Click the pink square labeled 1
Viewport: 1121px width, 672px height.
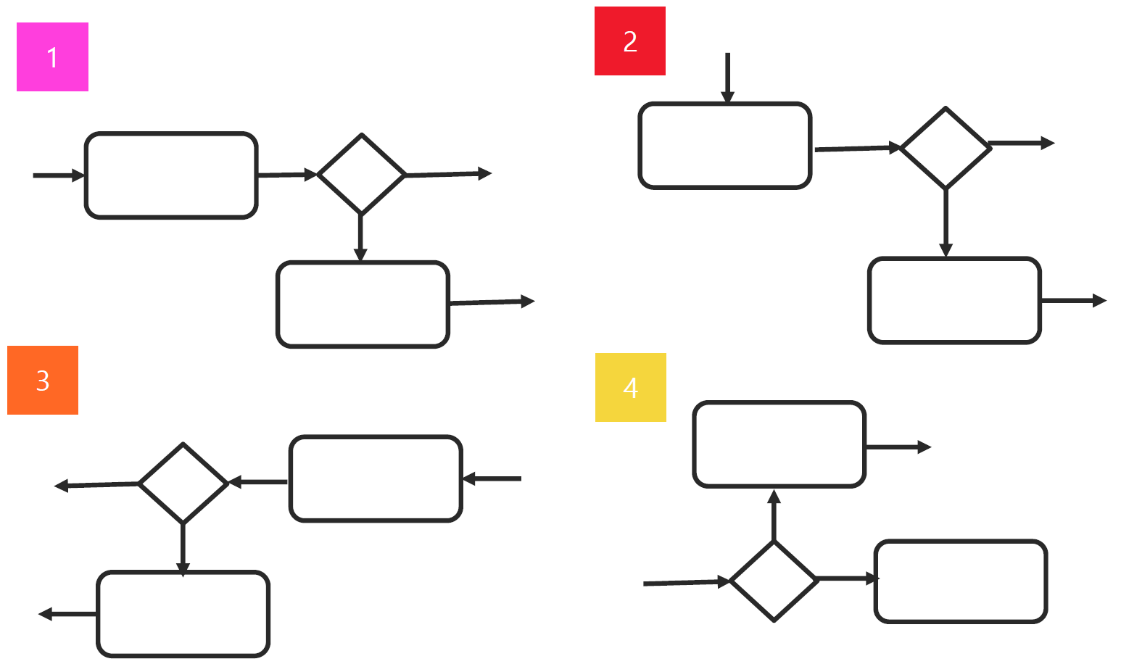click(52, 57)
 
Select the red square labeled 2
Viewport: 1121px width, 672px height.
click(629, 41)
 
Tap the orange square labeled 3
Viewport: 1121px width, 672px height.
click(42, 380)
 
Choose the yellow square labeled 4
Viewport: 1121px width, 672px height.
click(630, 387)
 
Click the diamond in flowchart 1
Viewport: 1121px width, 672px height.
click(361, 174)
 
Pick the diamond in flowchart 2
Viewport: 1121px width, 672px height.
click(945, 148)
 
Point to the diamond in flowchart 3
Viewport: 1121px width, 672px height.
click(183, 483)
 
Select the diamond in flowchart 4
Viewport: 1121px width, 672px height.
click(774, 580)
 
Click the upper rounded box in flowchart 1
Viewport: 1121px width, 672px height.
click(171, 175)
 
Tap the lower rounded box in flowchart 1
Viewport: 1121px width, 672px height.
click(363, 304)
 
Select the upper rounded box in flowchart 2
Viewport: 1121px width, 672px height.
click(724, 146)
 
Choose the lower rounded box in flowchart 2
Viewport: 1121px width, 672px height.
click(954, 299)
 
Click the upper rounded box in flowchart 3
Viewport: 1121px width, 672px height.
click(375, 478)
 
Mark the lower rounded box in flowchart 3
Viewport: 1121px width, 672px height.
click(183, 613)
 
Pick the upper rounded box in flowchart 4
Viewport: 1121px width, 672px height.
click(779, 444)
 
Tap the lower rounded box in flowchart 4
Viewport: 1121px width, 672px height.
click(961, 581)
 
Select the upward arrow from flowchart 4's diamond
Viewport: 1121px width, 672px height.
click(774, 515)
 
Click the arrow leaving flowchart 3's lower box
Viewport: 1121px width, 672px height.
click(67, 614)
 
